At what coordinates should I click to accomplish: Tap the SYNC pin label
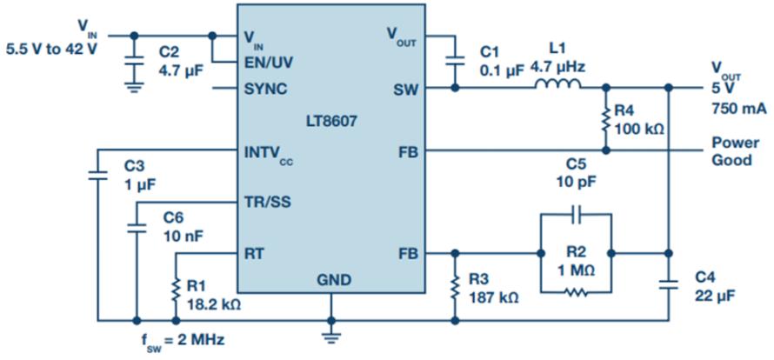266,90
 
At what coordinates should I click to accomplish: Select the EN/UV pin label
270,63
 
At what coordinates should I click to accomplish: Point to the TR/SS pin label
268,202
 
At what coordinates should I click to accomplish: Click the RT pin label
254,254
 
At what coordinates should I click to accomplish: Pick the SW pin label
406,90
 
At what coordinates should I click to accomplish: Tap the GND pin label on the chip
334,280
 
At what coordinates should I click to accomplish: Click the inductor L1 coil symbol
557,84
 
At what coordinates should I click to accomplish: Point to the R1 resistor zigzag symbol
176,290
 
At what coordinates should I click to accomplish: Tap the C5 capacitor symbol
576,215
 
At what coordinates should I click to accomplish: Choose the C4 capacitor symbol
669,285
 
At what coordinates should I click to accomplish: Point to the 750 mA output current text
738,109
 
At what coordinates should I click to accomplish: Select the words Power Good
735,151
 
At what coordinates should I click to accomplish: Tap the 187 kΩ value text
495,298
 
